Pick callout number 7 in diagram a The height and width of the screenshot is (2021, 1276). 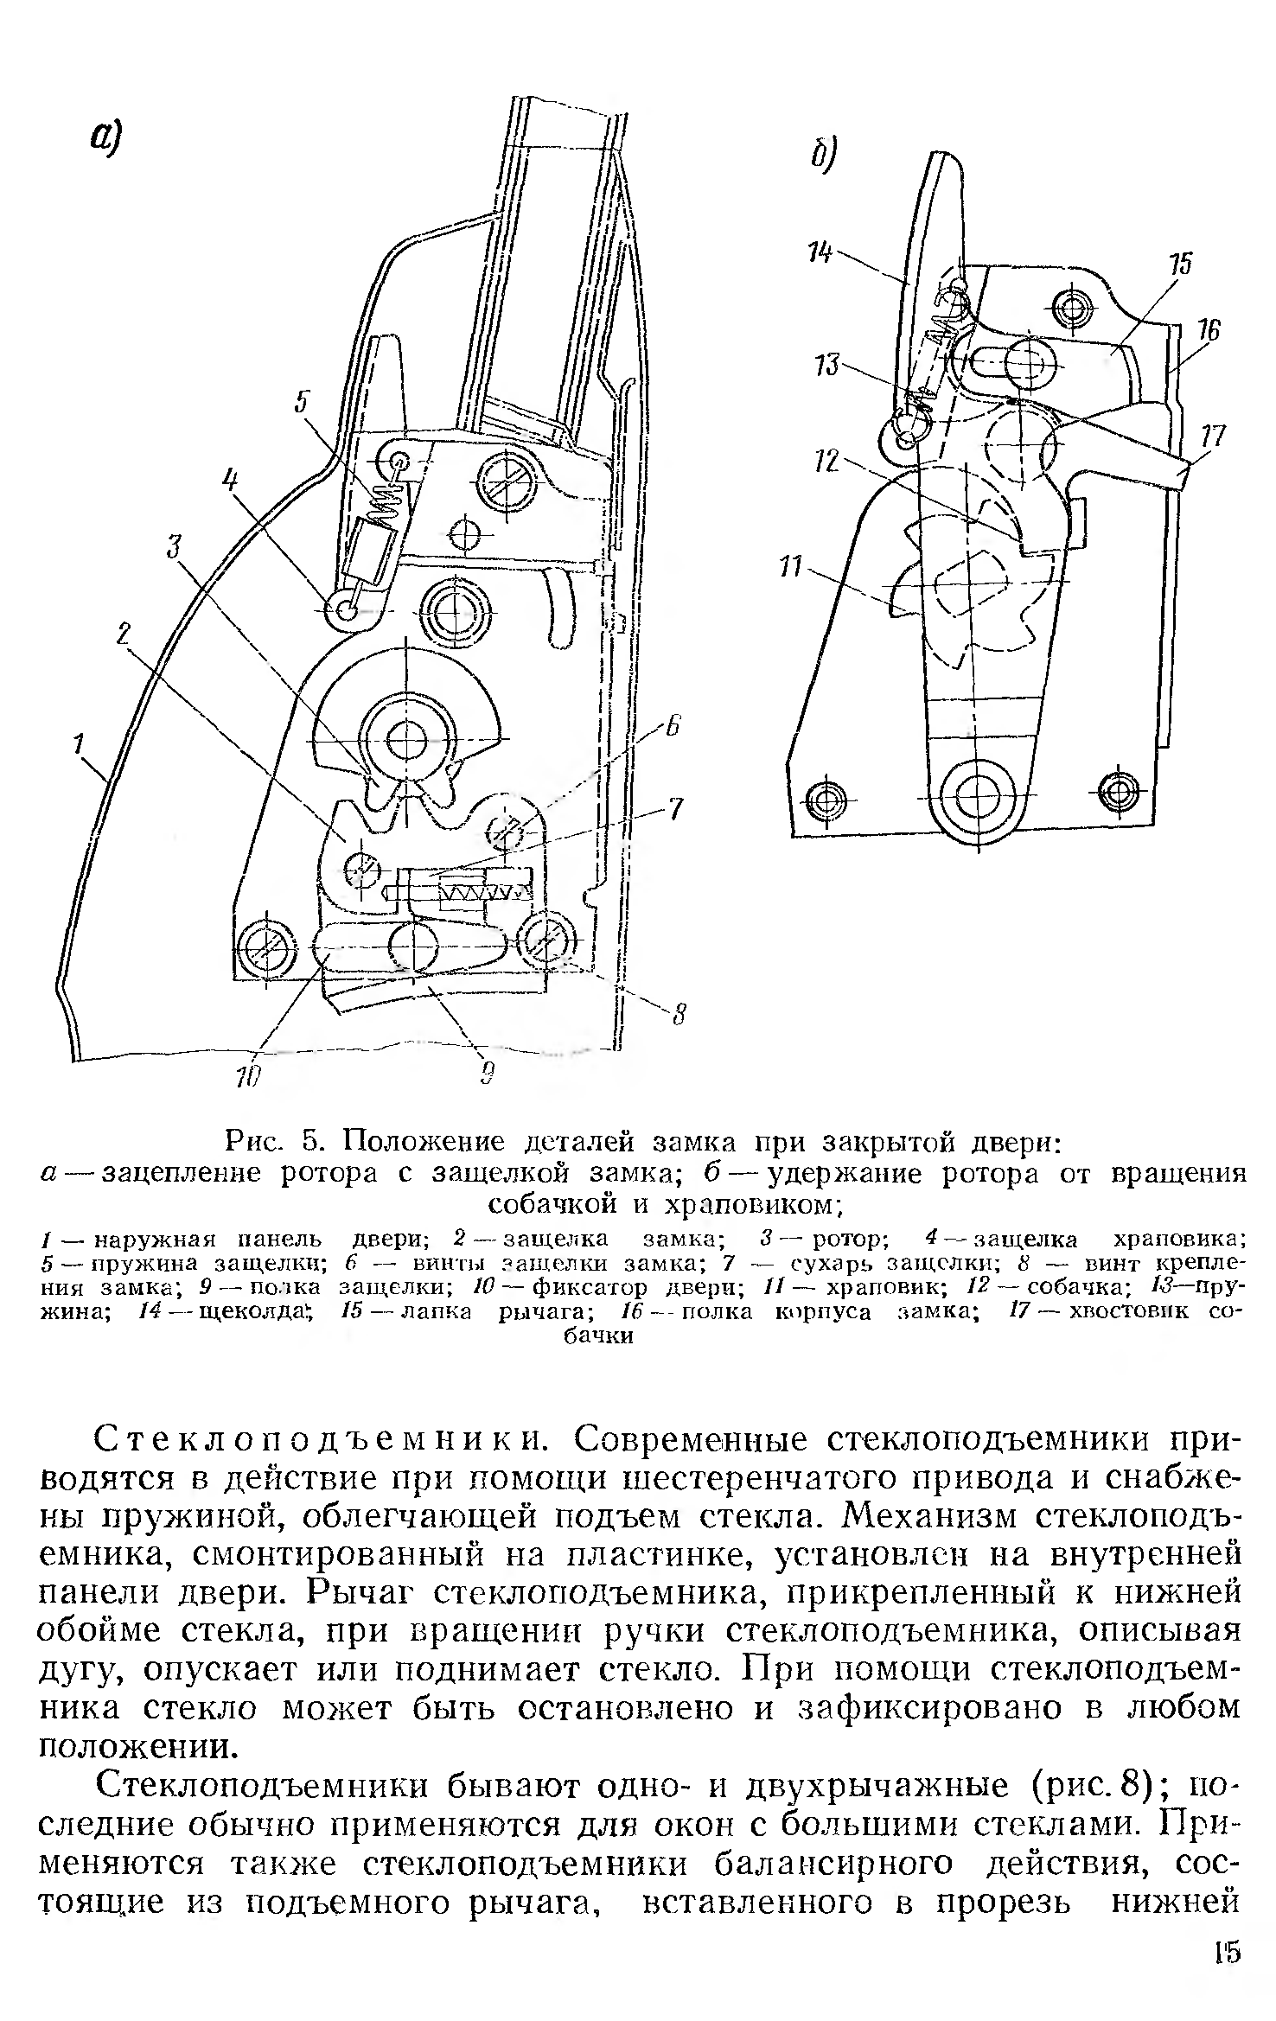tap(677, 810)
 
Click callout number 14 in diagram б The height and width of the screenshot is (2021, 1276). tap(820, 252)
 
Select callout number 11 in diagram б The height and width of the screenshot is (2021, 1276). tap(789, 569)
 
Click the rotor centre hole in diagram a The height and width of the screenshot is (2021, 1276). tap(404, 738)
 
